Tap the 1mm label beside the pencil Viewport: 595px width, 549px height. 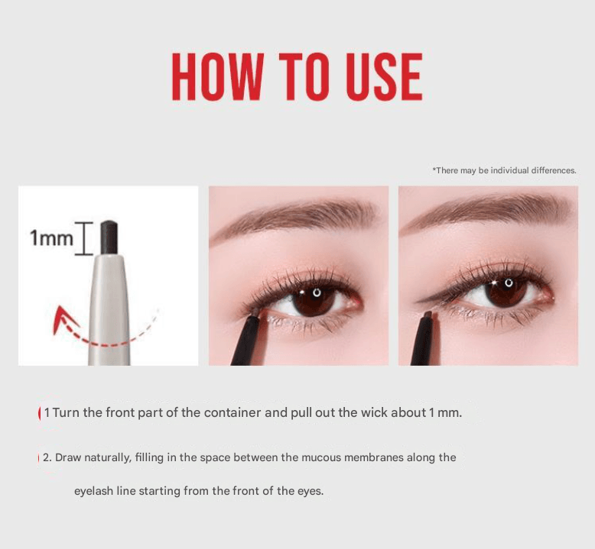(51, 238)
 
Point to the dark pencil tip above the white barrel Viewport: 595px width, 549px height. (109, 237)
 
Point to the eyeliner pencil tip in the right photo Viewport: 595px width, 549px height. (428, 315)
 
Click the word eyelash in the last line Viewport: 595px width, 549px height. (93, 491)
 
